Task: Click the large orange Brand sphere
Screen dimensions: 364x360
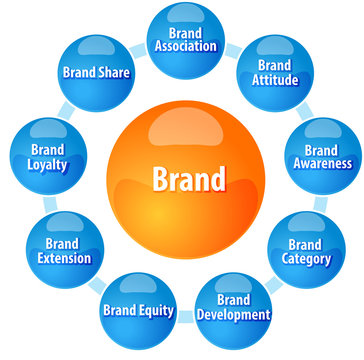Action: [189, 179]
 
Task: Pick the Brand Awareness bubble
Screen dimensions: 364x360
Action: [320, 156]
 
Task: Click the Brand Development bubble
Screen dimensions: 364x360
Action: [233, 306]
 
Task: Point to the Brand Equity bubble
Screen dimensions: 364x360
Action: [138, 309]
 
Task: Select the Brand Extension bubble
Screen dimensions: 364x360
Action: [62, 250]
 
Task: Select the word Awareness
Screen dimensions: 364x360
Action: [321, 164]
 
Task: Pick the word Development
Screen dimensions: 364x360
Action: [233, 315]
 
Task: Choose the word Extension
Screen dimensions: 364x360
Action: [62, 258]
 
